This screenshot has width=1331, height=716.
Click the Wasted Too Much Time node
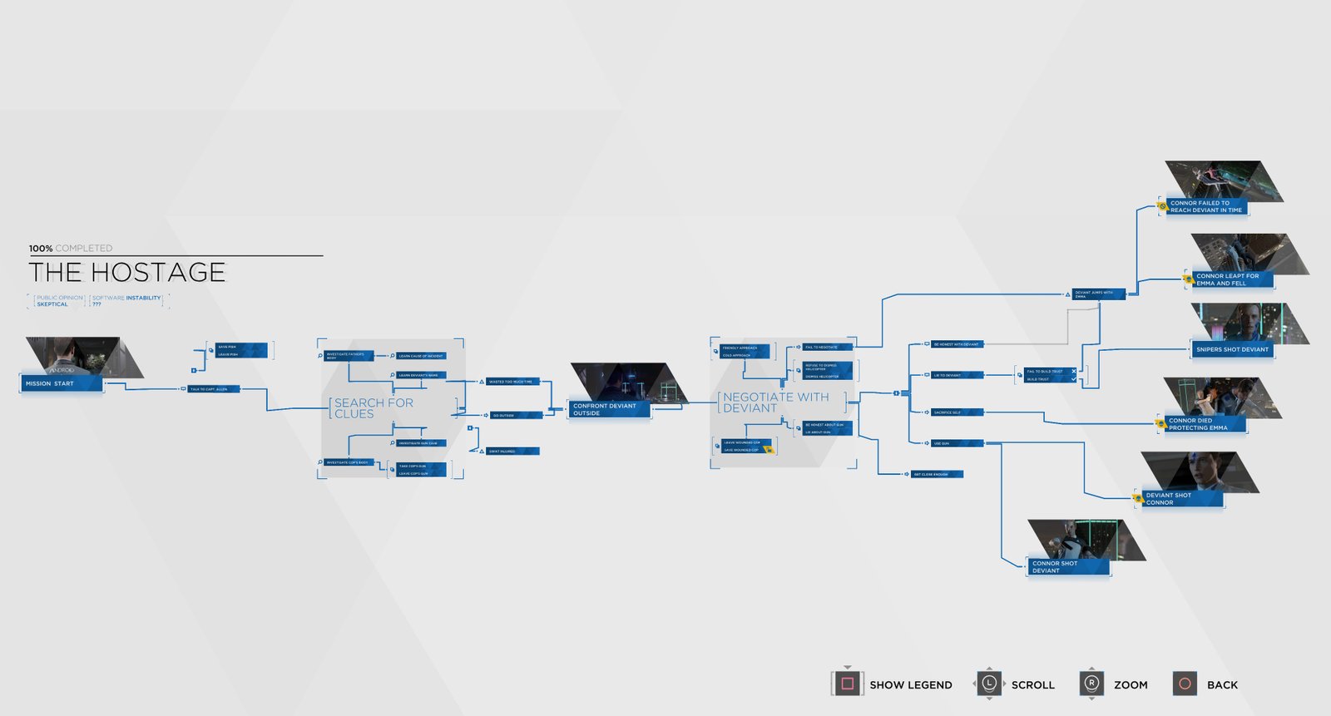click(513, 382)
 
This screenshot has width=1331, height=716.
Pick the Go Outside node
click(516, 415)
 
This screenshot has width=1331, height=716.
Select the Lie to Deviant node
click(957, 375)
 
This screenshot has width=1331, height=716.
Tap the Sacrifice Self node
click(957, 412)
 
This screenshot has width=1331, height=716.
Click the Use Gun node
click(957, 443)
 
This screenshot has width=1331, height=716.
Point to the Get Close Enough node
click(937, 474)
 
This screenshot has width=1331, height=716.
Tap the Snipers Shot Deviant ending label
click(1232, 349)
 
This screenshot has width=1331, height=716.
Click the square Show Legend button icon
click(847, 684)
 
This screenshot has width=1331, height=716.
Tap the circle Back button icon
click(1185, 684)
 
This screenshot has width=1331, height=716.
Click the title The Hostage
click(127, 272)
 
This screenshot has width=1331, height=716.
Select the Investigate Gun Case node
click(421, 443)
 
